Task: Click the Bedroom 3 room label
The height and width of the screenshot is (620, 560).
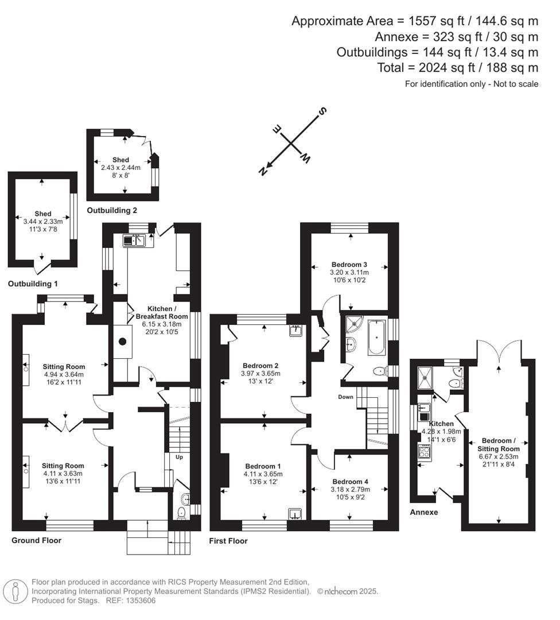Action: pos(349,264)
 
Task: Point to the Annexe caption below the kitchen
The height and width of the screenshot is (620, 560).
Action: pos(424,512)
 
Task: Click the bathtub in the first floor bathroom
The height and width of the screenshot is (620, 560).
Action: pos(377,338)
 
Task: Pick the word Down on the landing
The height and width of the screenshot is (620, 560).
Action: pos(346,397)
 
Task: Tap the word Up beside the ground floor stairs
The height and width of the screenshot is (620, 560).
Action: pos(179,458)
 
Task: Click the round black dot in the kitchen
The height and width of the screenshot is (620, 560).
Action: pos(122,342)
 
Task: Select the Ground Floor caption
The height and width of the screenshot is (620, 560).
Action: pos(36,540)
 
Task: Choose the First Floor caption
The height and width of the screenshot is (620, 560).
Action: pos(229,541)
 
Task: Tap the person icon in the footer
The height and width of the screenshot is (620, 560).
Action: pos(15,591)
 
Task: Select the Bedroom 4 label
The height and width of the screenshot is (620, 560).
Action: pos(350,481)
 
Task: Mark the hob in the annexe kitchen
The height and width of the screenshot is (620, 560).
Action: pos(425,451)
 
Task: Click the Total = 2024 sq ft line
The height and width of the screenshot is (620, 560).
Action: pos(458,68)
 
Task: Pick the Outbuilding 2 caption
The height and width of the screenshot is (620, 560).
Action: pos(112,211)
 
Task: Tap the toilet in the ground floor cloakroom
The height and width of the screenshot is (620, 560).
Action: pos(182,512)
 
